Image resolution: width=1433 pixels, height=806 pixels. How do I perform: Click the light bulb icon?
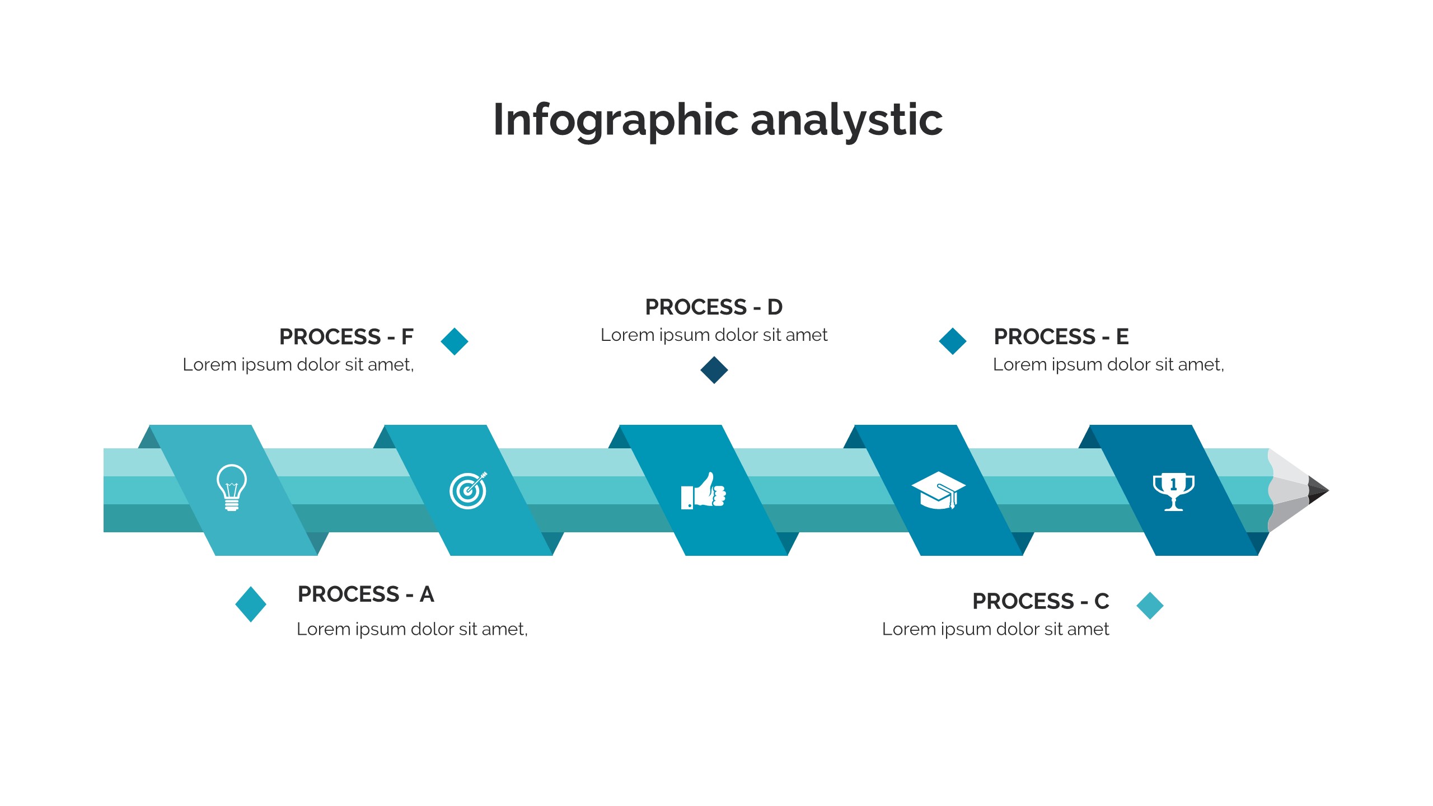(x=232, y=487)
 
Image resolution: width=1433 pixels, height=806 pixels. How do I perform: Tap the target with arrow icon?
(x=468, y=490)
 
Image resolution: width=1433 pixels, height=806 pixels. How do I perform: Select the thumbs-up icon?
(x=703, y=491)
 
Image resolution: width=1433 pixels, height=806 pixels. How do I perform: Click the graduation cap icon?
(x=938, y=490)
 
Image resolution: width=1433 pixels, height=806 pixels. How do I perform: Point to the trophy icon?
(x=1173, y=491)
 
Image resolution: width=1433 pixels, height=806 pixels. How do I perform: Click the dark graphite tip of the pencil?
(x=1318, y=490)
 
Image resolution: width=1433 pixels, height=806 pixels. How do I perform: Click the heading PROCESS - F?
(x=346, y=337)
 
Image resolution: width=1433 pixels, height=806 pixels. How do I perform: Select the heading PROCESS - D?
(x=714, y=307)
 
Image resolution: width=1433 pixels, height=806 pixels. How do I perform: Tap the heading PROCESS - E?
(x=1061, y=337)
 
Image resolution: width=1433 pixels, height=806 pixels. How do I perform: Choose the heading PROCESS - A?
(x=366, y=594)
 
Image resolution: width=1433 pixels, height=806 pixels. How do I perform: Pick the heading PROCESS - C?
(x=1041, y=601)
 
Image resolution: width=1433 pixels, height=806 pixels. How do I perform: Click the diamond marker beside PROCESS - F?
(x=455, y=341)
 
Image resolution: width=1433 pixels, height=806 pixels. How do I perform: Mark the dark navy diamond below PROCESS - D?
(x=714, y=370)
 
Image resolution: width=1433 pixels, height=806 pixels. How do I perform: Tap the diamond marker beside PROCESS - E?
(x=953, y=341)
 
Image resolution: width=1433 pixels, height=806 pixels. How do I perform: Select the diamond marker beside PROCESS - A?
(x=251, y=604)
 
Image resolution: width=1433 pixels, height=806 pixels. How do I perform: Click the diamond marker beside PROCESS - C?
(x=1150, y=606)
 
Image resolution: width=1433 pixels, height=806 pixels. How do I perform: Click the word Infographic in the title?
(x=616, y=120)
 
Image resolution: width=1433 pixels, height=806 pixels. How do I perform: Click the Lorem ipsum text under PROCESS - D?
(x=714, y=335)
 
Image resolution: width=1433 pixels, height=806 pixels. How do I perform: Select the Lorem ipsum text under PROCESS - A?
(x=412, y=629)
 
